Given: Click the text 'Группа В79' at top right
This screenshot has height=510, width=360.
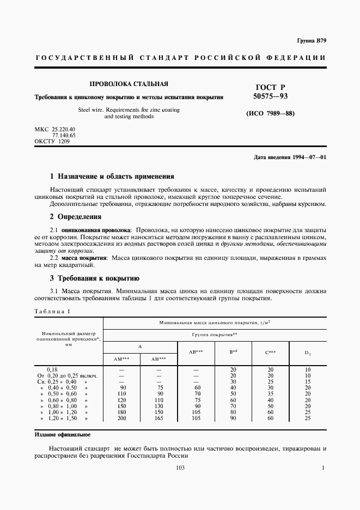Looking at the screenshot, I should tap(311, 41).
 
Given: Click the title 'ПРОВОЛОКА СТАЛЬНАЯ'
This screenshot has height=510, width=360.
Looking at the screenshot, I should tap(129, 84).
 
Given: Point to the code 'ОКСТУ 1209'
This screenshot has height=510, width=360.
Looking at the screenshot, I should tap(52, 141).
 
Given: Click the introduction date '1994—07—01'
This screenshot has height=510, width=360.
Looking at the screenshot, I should tap(307, 157).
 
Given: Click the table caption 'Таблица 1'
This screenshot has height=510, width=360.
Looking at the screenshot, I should tap(52, 311).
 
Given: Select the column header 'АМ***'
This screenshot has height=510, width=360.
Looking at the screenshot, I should tap(121, 359).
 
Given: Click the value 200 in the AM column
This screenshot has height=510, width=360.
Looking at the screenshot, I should tap(121, 418).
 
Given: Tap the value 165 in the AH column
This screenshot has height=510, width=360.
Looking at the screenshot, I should tap(158, 418).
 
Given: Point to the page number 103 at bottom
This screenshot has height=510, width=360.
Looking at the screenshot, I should tap(180, 468).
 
